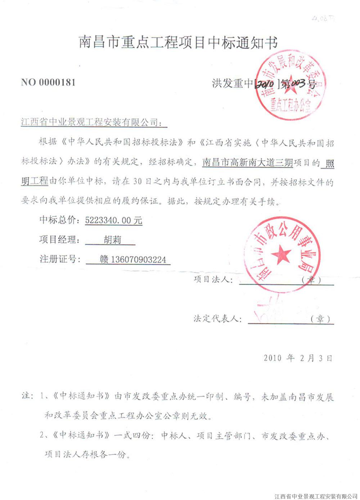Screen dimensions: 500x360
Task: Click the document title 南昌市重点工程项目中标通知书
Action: [x=178, y=43]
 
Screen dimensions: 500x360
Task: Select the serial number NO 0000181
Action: [x=48, y=82]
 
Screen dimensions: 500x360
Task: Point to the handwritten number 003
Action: [x=298, y=84]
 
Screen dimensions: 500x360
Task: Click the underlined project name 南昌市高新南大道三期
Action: [x=247, y=162]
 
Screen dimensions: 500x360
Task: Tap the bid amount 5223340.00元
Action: [x=113, y=220]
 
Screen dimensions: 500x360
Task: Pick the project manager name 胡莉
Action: [x=112, y=240]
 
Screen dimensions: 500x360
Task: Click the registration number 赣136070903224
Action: [x=133, y=259]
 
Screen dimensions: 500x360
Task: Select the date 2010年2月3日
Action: [x=298, y=358]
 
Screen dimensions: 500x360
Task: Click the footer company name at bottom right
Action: [x=316, y=496]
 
